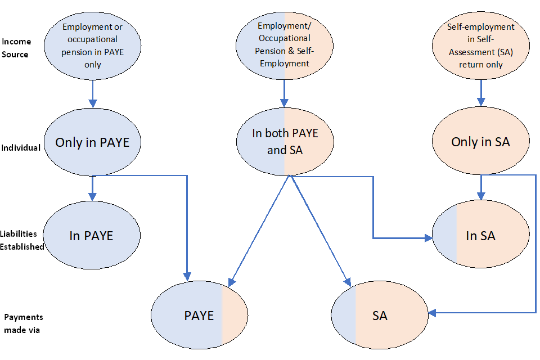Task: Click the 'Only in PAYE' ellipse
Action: (92, 142)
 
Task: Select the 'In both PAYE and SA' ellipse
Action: (285, 142)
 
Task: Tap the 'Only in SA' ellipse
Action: (480, 142)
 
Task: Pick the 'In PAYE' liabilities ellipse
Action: (91, 236)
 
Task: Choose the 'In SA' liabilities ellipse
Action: (480, 236)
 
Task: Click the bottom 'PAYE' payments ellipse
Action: (199, 316)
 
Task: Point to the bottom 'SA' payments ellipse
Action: (380, 316)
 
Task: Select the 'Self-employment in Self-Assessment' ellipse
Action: (480, 45)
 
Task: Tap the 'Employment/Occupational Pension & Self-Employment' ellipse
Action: (285, 45)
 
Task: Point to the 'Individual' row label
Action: (21, 147)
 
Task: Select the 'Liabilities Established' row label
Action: (21, 240)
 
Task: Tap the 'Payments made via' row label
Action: (23, 323)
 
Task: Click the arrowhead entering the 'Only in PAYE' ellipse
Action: (92, 103)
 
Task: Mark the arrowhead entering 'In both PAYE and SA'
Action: (285, 103)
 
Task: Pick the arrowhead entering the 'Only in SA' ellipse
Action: (480, 103)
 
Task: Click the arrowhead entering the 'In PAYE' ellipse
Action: (92, 196)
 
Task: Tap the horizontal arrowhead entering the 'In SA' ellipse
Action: (427, 238)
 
